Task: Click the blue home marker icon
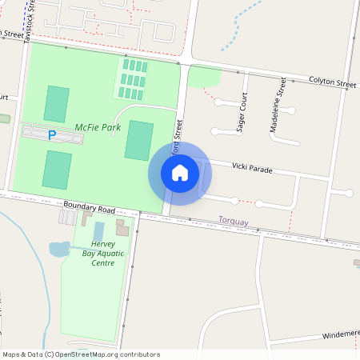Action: pyautogui.click(x=180, y=174)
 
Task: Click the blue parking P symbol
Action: pyautogui.click(x=53, y=136)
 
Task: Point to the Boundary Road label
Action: pyautogui.click(x=86, y=205)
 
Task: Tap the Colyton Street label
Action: pyautogui.click(x=334, y=82)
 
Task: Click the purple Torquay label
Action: pyautogui.click(x=234, y=219)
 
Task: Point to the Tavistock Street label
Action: pyautogui.click(x=30, y=20)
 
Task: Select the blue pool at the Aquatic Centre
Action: pyautogui.click(x=99, y=231)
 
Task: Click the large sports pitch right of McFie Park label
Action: pyautogui.click(x=138, y=140)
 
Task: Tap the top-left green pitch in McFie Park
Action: pyautogui.click(x=56, y=104)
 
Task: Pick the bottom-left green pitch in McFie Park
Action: pyautogui.click(x=57, y=169)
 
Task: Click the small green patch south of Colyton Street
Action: pyautogui.click(x=204, y=77)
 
